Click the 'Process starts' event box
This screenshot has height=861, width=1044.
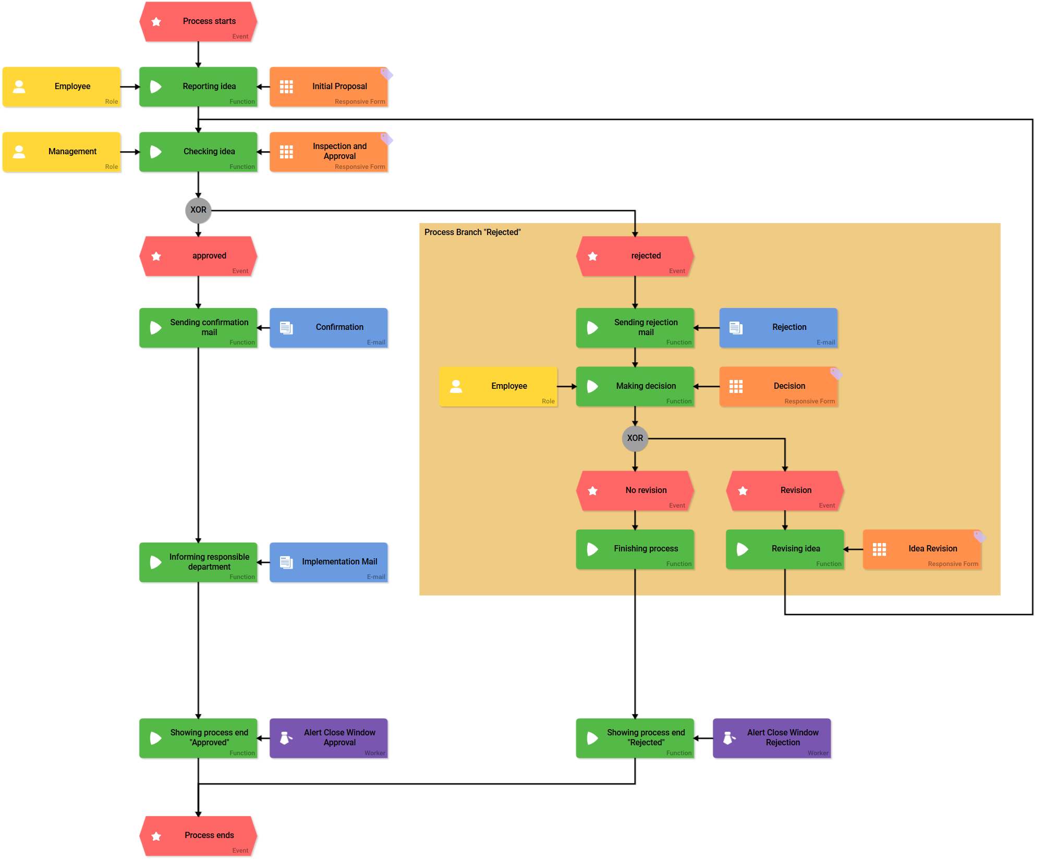coord(198,22)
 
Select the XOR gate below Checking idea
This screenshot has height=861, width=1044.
coord(198,210)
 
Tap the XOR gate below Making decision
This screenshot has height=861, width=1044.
coord(635,438)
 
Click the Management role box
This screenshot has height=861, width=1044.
coord(62,152)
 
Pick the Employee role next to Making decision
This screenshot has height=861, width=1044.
coord(499,386)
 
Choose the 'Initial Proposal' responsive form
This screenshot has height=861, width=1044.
coord(329,87)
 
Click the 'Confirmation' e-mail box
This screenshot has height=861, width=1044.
coord(329,328)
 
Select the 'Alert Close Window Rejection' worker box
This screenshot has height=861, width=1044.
coord(772,738)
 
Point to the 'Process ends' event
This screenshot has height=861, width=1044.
coord(198,835)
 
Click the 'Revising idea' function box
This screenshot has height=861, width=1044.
coord(785,549)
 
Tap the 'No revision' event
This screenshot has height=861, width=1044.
coord(635,490)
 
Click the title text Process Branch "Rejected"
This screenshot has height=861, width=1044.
coord(472,232)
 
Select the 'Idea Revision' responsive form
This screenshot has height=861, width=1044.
coord(922,549)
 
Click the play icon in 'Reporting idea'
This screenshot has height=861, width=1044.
coord(155,87)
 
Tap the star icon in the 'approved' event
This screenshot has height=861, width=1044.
coord(156,256)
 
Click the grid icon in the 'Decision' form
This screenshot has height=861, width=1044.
coord(736,386)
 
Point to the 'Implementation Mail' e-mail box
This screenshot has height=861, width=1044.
coord(329,562)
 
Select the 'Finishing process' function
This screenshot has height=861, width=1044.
coord(635,549)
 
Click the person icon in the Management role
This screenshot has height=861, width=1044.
coord(19,152)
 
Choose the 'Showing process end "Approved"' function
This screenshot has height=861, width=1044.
coord(198,738)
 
